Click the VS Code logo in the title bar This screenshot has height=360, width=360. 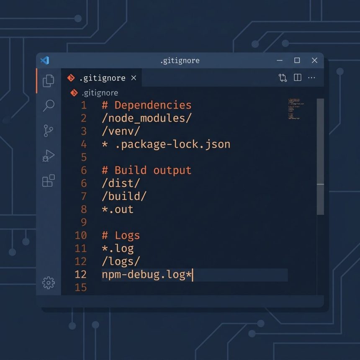pyautogui.click(x=45, y=60)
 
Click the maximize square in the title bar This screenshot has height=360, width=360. pyautogui.click(x=297, y=60)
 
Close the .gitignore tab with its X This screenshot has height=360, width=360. pyautogui.click(x=134, y=78)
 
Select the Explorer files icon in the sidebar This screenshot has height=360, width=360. pyautogui.click(x=49, y=81)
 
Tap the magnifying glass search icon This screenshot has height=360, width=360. pyautogui.click(x=49, y=105)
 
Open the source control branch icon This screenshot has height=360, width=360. pyautogui.click(x=48, y=131)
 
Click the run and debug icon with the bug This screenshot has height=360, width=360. pyautogui.click(x=49, y=156)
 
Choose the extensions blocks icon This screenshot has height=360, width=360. pyautogui.click(x=49, y=181)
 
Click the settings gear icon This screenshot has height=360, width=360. pyautogui.click(x=49, y=283)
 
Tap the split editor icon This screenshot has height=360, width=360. pyautogui.click(x=298, y=77)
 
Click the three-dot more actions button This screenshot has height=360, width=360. pyautogui.click(x=311, y=77)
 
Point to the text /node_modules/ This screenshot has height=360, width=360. pyautogui.click(x=147, y=118)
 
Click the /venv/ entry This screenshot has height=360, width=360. pyautogui.click(x=121, y=131)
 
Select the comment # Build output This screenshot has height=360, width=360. pyautogui.click(x=147, y=170)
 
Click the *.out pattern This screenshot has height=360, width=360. pyautogui.click(x=118, y=209)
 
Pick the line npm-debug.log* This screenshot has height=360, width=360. pyautogui.click(x=147, y=275)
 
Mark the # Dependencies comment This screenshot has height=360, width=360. pyautogui.click(x=147, y=105)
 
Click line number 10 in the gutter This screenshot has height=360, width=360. pyautogui.click(x=81, y=236)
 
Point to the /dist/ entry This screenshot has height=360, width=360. pyautogui.click(x=121, y=183)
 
